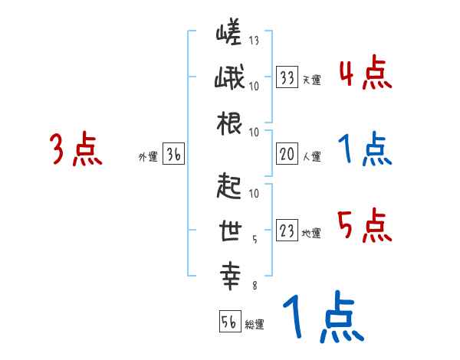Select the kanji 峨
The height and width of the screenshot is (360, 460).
230,80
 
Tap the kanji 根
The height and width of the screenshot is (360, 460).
230,123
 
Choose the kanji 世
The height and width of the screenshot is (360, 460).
230,231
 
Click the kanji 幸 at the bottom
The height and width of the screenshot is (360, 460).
230,275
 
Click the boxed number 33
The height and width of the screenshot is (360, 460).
287,77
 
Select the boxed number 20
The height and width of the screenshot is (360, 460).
287,155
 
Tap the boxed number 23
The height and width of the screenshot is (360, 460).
287,231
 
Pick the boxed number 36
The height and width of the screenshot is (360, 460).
174,155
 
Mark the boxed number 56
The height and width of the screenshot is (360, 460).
229,322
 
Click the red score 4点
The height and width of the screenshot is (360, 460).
365,75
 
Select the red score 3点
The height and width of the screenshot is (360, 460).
76,150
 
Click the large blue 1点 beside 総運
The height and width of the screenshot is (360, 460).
322,318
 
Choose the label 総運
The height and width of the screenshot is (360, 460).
255,325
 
